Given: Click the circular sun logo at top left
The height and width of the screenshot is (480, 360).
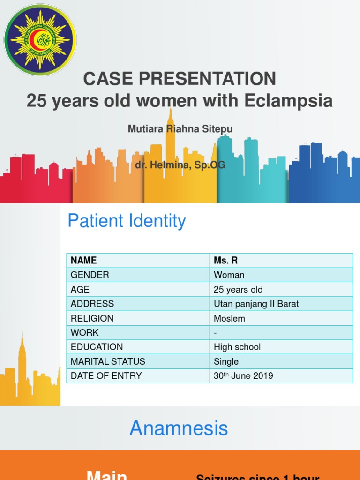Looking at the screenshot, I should click(40, 40).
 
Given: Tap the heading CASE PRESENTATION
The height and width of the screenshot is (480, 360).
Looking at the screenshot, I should click(180, 79).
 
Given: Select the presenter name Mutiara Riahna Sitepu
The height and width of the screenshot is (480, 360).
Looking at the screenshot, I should click(180, 129).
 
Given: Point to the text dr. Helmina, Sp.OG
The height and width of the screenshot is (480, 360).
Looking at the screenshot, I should click(180, 165).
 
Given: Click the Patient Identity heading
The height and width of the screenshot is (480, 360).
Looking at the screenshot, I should click(127, 221).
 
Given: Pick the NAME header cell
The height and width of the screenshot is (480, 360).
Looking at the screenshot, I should click(84, 261).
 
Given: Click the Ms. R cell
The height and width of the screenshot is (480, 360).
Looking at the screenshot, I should click(226, 261).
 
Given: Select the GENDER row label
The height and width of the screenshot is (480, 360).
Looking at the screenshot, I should click(90, 275).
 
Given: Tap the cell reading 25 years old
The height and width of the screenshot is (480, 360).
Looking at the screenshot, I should click(238, 290).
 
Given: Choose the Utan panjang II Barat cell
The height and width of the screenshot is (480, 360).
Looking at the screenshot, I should click(256, 304).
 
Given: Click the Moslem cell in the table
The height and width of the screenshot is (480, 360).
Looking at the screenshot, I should click(229, 318).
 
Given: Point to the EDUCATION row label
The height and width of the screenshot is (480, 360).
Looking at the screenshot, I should click(97, 347).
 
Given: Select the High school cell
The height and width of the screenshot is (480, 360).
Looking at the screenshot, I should click(237, 347).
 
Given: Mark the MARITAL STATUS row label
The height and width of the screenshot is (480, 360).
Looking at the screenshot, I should click(108, 361).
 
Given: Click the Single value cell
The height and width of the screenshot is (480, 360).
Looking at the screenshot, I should click(226, 361).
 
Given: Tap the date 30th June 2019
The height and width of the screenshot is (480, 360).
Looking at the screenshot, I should click(243, 376).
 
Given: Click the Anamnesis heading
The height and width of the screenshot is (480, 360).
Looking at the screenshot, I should click(179, 428).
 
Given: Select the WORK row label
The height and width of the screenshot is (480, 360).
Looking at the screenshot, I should click(85, 333).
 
